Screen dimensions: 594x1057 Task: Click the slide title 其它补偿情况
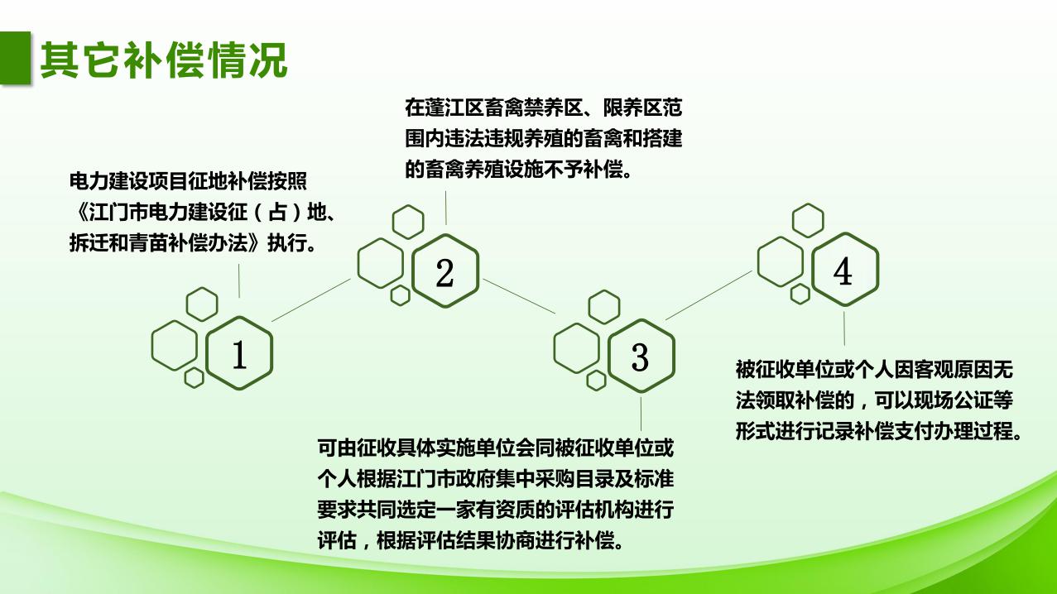click(x=164, y=60)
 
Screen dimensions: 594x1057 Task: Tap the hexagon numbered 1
click(x=238, y=355)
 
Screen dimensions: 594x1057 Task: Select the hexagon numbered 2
click(x=444, y=273)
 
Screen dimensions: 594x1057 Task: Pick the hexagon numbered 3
click(x=640, y=356)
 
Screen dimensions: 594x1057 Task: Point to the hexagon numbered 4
click(x=843, y=271)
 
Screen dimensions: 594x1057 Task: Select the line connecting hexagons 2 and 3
click(x=519, y=295)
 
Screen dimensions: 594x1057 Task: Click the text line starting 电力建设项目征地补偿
click(x=194, y=181)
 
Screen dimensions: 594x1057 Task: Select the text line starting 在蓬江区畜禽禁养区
click(x=543, y=108)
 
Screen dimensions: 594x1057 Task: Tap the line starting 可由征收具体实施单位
click(x=496, y=448)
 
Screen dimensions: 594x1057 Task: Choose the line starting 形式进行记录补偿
click(x=878, y=431)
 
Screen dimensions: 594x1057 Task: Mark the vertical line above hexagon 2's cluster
click(x=446, y=207)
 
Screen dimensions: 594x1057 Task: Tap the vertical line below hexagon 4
click(x=844, y=327)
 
